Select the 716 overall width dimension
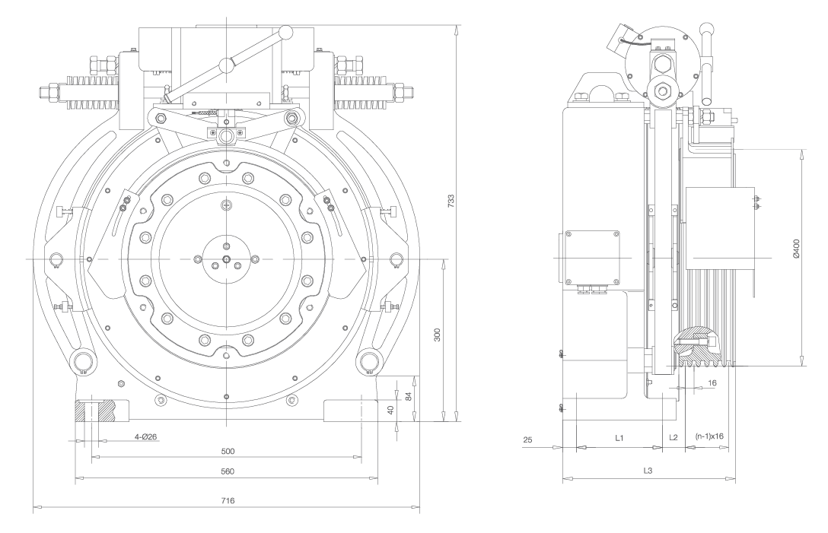coord(227,501)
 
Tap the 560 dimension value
coord(227,471)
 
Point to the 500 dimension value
coord(227,451)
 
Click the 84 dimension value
coord(409,396)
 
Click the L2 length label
coord(673,439)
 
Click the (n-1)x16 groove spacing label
coord(709,437)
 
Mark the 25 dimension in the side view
coord(528,439)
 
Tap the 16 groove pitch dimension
coord(712,384)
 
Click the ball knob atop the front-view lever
coord(286,32)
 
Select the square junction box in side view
coord(591,259)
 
